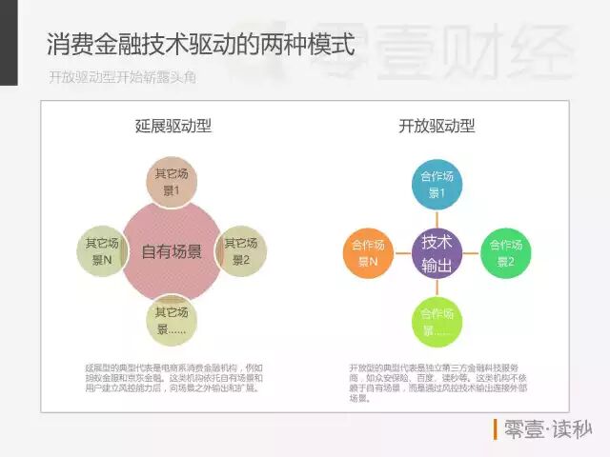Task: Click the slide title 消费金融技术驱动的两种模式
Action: click(x=200, y=45)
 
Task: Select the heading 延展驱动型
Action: click(x=173, y=126)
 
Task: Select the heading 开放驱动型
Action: click(x=437, y=126)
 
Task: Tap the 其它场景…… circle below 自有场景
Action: click(x=173, y=321)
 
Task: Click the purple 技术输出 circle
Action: click(x=437, y=252)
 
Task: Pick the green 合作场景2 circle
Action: click(x=505, y=252)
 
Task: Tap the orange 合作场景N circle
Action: click(x=367, y=252)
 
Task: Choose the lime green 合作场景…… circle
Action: click(x=437, y=322)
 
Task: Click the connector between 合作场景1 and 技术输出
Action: click(x=437, y=218)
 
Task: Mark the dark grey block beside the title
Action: click(x=9, y=43)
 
